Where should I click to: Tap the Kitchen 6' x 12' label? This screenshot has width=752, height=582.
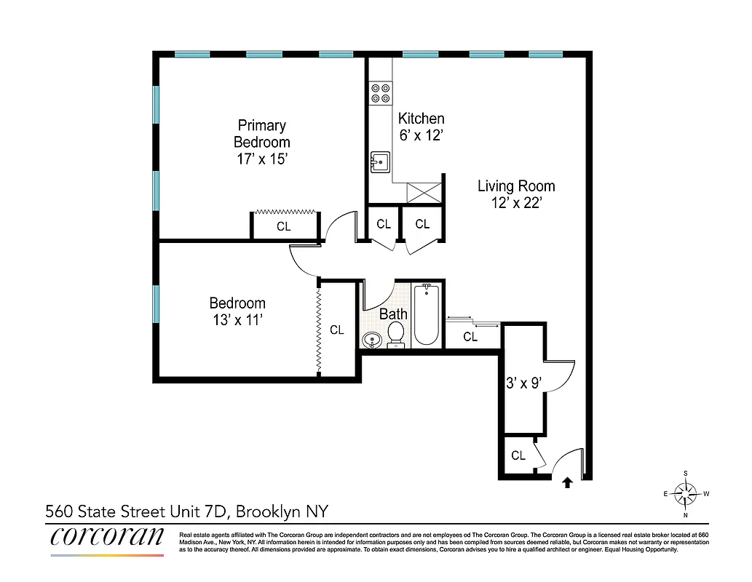click(x=421, y=127)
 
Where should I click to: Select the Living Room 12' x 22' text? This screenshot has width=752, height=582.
click(x=516, y=194)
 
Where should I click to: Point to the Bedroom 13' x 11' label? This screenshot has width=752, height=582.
click(x=237, y=311)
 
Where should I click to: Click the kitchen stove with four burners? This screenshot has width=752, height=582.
click(x=380, y=92)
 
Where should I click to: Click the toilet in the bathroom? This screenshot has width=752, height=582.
click(x=396, y=334)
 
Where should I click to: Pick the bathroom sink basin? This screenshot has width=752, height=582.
click(x=372, y=339)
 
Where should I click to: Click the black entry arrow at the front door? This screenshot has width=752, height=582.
click(x=567, y=480)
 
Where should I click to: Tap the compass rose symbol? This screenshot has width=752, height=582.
click(x=686, y=494)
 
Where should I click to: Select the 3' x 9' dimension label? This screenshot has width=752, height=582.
click(x=523, y=383)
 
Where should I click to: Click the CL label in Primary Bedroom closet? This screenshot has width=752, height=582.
click(x=283, y=227)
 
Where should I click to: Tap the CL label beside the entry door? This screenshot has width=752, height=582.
click(x=518, y=456)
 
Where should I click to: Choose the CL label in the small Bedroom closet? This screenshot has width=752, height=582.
click(x=336, y=330)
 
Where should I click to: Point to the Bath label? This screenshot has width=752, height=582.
click(x=393, y=314)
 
